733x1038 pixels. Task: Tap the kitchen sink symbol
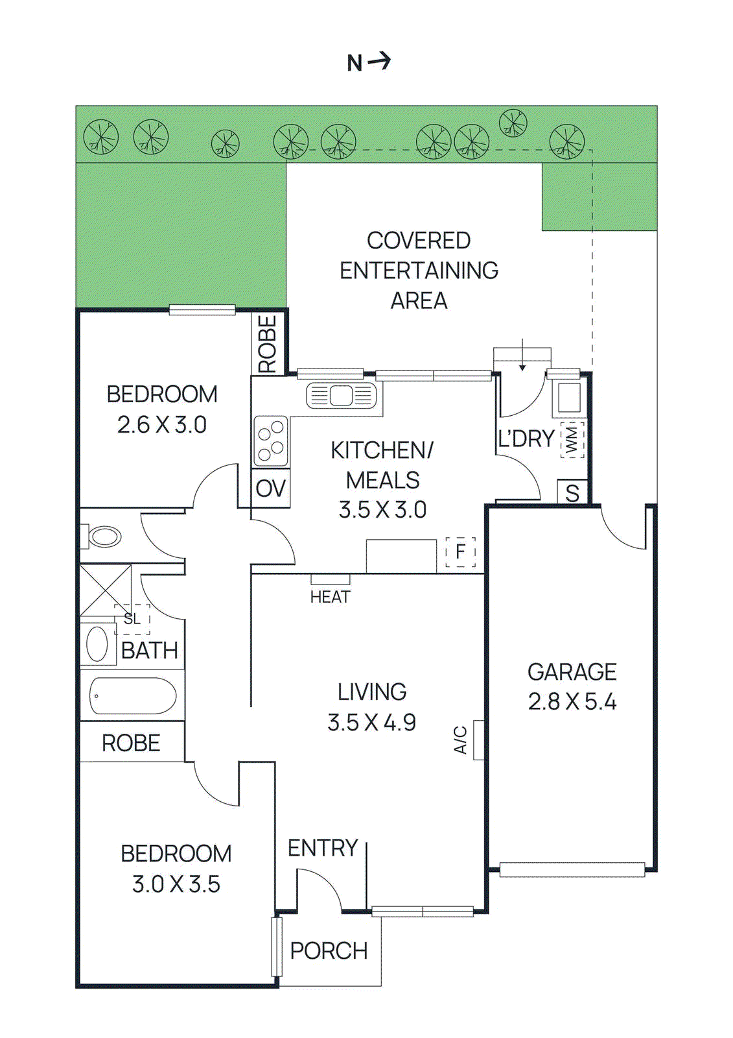(x=341, y=395)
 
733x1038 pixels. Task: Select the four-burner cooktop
(x=271, y=441)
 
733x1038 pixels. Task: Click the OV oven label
(x=270, y=489)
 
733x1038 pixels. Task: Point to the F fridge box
(x=461, y=552)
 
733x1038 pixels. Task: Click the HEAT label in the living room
(x=330, y=597)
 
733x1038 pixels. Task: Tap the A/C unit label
(x=460, y=740)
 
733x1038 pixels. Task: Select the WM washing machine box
(x=572, y=440)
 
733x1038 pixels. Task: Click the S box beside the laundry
(x=572, y=493)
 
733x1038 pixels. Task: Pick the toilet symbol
(x=102, y=537)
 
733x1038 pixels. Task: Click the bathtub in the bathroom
(x=133, y=696)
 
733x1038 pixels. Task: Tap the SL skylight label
(x=132, y=619)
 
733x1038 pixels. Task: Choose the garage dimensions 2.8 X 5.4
(x=572, y=702)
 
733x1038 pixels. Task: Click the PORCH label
(x=329, y=951)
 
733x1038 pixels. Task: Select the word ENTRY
(x=323, y=848)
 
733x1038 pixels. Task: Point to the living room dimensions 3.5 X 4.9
(x=371, y=722)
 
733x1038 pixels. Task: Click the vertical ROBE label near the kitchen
(x=268, y=344)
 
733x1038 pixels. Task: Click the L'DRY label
(x=526, y=439)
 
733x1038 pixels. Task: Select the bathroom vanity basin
(x=97, y=644)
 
